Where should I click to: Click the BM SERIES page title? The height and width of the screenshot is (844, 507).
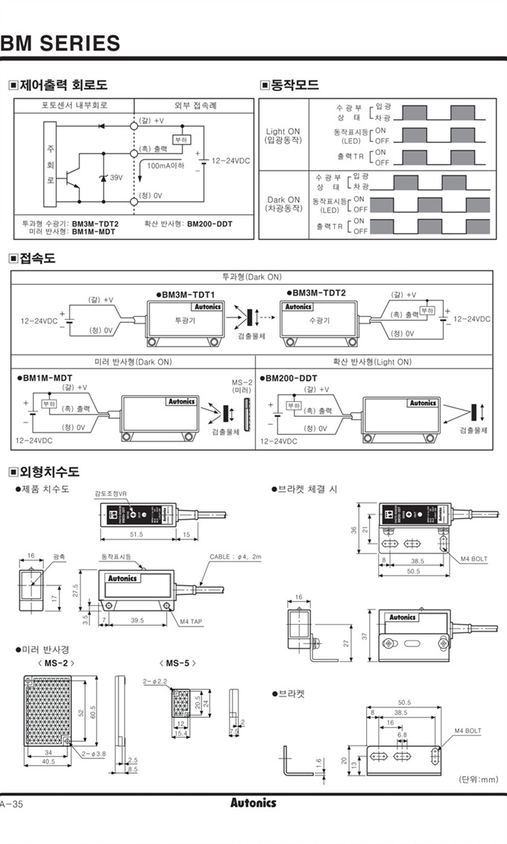(x=60, y=43)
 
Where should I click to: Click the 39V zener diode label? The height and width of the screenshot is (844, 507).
(x=116, y=178)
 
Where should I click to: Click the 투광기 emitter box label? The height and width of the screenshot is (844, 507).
(x=183, y=320)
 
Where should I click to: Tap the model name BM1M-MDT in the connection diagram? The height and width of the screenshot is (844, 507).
(x=45, y=378)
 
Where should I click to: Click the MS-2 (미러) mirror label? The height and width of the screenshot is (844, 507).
(x=242, y=386)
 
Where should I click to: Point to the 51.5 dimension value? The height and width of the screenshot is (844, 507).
(x=137, y=535)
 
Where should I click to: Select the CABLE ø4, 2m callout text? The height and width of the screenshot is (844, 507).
(x=236, y=557)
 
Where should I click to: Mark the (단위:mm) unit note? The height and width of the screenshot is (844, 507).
(x=478, y=779)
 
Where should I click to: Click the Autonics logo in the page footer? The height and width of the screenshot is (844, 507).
(x=253, y=803)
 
